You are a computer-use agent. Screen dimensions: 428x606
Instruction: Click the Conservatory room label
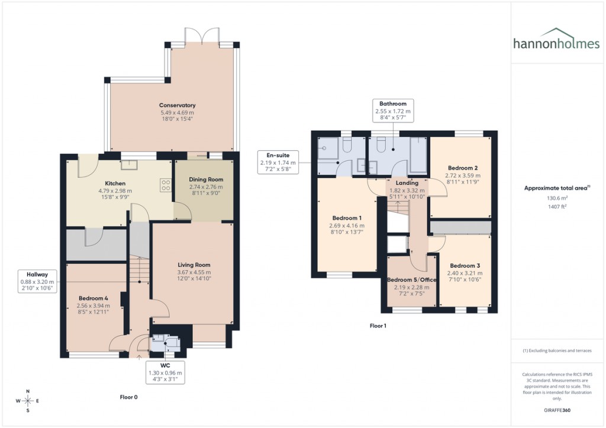(x=177, y=105)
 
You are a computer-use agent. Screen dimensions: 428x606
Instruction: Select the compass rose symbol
(x=28, y=401)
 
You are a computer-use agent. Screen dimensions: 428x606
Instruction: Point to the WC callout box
(x=165, y=372)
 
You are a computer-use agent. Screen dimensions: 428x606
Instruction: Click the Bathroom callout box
(x=392, y=111)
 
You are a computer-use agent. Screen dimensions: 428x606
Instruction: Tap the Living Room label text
(x=194, y=265)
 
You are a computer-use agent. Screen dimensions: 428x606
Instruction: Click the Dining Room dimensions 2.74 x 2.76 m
(x=206, y=186)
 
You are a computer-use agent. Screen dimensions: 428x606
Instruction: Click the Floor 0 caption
(x=128, y=398)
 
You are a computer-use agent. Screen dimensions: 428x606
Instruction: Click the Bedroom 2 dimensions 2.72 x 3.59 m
(x=463, y=176)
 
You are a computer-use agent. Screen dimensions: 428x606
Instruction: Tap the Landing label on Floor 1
(x=407, y=183)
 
